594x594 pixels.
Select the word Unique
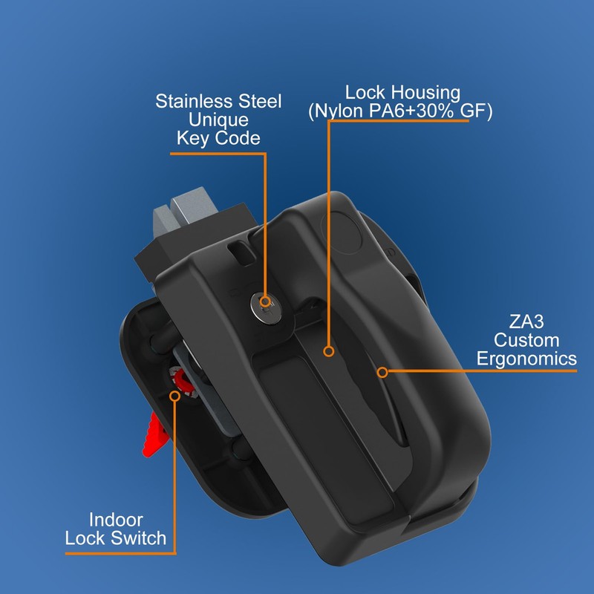218,119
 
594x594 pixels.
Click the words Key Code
218,137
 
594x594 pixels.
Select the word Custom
527,341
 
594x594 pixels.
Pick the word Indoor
116,520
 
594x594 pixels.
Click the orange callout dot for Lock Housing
327,351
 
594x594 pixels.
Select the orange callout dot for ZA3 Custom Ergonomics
382,371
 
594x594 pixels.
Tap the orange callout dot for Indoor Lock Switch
176,396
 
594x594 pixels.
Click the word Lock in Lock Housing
364,93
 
